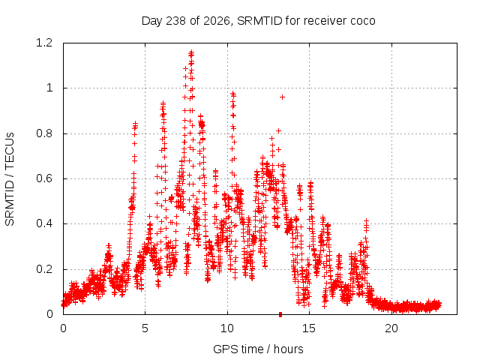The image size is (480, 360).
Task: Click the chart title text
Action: pos(258,21)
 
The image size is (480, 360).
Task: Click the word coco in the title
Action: pos(363,21)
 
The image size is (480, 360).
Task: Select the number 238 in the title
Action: pos(175,21)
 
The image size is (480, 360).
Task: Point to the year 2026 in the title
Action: pos(217,21)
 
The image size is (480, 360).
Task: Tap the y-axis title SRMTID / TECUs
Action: pos(10,179)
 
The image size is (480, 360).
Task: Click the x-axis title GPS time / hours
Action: pos(258,349)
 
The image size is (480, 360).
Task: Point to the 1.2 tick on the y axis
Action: pos(44,43)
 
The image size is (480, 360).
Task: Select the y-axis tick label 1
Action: pos(49,88)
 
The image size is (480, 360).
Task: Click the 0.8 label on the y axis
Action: pos(44,133)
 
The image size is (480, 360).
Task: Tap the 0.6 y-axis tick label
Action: pos(44,178)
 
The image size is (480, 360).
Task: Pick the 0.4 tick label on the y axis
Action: pos(44,223)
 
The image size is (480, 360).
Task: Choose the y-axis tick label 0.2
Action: pos(44,269)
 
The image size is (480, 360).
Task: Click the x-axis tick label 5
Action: pos(145,328)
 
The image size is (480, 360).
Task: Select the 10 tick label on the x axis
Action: pos(227,328)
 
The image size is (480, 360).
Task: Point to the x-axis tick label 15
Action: pos(309,328)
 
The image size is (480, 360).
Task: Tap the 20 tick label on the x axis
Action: pos(391,328)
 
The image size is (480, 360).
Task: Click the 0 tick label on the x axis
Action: pos(63,328)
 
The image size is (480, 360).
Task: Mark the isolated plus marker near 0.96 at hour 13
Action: pos(283,97)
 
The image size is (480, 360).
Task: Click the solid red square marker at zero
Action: pos(280,314)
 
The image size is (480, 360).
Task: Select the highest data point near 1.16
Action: pos(192,52)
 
